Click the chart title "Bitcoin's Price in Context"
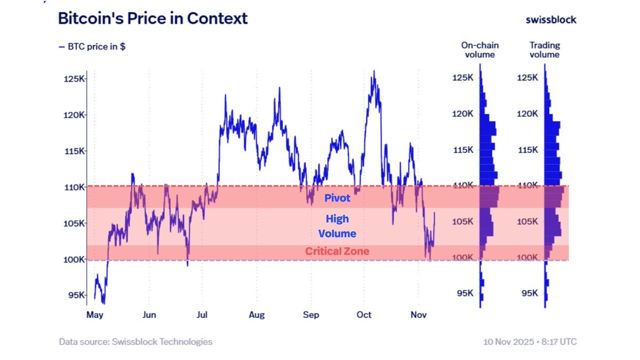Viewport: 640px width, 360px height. coord(153,19)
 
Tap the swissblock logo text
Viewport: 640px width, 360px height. coord(551,20)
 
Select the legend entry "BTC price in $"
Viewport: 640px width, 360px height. coord(92,46)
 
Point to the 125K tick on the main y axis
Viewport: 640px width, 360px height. coord(74,79)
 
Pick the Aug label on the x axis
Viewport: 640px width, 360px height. coord(257,315)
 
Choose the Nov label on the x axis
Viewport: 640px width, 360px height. coord(419,315)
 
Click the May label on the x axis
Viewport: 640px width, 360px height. coord(94,315)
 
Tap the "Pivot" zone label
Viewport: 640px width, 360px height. coord(337,198)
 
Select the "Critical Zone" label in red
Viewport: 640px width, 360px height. coord(337,251)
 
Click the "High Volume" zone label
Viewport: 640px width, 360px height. coord(337,226)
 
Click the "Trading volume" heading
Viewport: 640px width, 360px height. coord(545,50)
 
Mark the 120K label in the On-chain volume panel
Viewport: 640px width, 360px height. coord(462,114)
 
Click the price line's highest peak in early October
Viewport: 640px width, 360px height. coord(374,70)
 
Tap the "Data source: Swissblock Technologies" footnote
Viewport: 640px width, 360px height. coord(135,342)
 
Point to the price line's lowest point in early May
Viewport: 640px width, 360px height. coord(103,303)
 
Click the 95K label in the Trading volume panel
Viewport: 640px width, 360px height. coord(530,293)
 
